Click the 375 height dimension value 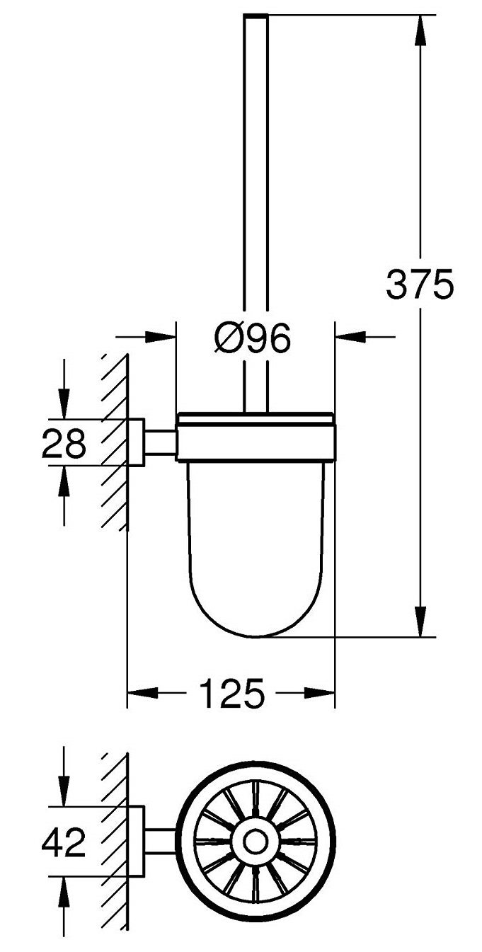click(419, 285)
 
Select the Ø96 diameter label click(252, 338)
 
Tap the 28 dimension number click(64, 445)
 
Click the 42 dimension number click(64, 843)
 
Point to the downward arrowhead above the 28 click(64, 406)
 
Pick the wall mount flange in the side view click(137, 442)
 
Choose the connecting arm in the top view click(160, 842)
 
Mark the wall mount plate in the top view click(137, 842)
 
